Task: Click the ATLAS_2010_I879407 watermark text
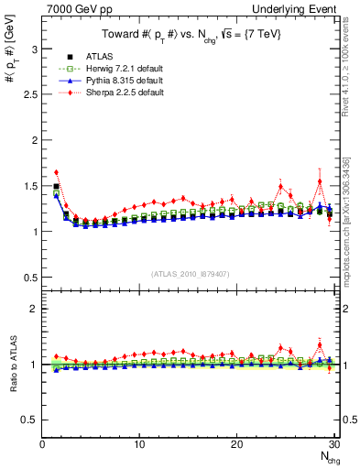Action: coord(191,274)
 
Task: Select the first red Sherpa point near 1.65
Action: coord(57,172)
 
